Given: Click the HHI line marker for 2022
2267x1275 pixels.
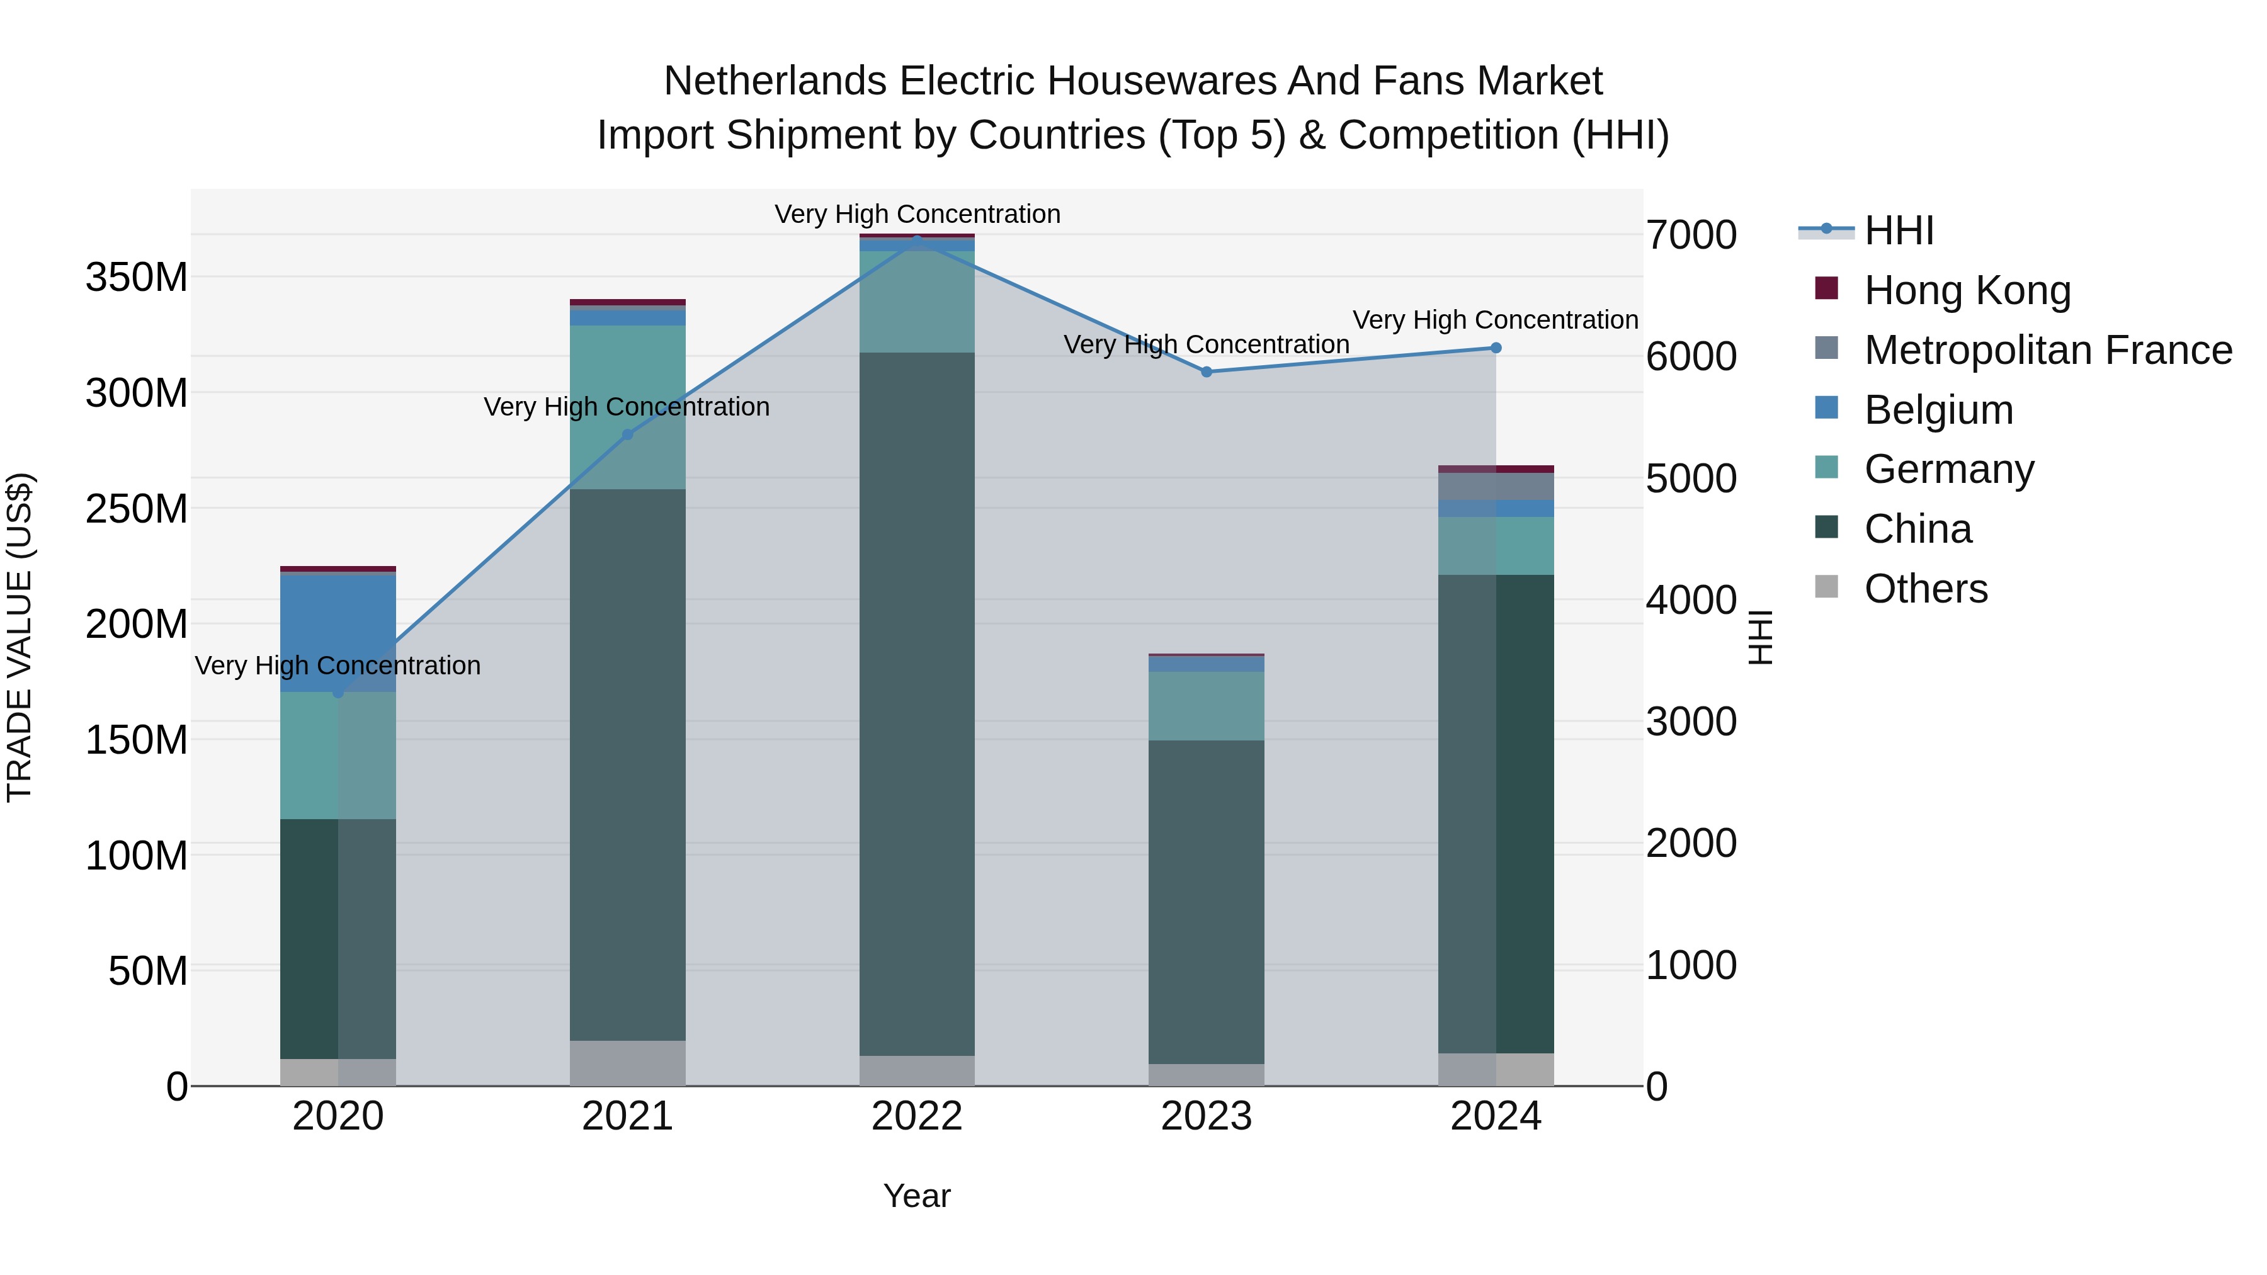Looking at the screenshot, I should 917,241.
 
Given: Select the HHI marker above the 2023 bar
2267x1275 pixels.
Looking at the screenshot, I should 1207,372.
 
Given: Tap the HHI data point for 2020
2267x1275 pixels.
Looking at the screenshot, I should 338,693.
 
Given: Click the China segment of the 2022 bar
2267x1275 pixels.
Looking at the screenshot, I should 917,704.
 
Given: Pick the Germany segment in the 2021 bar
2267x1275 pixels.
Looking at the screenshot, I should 627,407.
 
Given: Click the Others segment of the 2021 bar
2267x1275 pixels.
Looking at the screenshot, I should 627,1063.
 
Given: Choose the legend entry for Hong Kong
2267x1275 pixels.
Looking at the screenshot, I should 1967,290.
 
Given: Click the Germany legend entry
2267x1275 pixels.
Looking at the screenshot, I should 1948,469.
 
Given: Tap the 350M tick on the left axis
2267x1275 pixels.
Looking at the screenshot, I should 137,278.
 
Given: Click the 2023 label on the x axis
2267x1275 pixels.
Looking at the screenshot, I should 1206,1116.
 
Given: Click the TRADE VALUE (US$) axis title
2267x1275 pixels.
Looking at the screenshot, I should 20,637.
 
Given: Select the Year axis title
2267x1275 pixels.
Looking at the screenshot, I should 916,1196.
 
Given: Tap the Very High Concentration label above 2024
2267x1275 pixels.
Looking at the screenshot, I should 1494,320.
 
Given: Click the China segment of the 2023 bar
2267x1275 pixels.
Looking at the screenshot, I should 1206,902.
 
